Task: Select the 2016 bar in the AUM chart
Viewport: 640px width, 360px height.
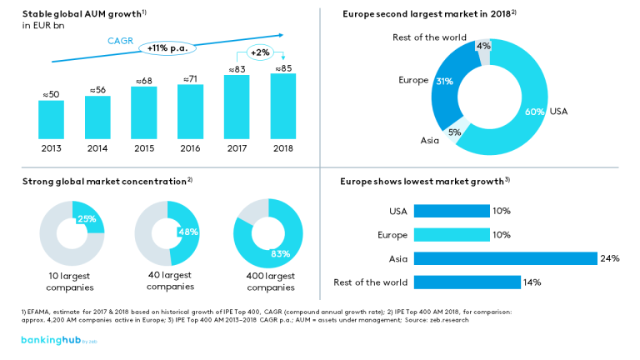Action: [x=191, y=112]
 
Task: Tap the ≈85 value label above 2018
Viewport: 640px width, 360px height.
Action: [x=283, y=67]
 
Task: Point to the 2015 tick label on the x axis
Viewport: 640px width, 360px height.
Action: [x=144, y=148]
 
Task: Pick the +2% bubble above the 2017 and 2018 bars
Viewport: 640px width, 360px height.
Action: [x=261, y=52]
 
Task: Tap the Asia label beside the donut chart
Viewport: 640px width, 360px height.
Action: [x=431, y=140]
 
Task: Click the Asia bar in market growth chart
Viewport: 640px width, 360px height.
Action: [x=505, y=258]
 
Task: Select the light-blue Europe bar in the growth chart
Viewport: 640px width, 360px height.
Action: [x=452, y=235]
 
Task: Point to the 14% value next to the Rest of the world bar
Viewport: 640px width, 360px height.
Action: [x=532, y=282]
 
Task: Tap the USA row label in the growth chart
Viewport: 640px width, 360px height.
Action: [x=397, y=212]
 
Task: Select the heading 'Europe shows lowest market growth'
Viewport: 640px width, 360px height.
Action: [x=424, y=181]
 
